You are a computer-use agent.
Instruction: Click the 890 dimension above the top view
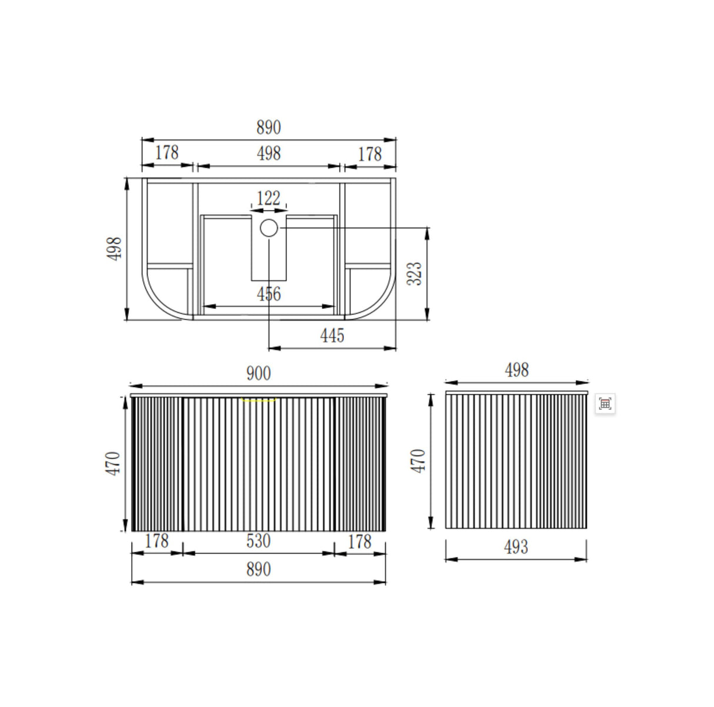pos(268,127)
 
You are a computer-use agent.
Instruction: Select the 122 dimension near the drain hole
pos(268,198)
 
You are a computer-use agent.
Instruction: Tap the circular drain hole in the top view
pos(269,228)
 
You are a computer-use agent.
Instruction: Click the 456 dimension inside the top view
pos(268,294)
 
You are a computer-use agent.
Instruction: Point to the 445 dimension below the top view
pos(332,336)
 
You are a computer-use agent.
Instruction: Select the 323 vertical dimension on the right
pos(415,274)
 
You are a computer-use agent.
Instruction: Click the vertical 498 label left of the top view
pos(115,249)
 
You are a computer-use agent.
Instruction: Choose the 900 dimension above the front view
pos(258,373)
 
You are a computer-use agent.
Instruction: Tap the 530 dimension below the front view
pos(258,541)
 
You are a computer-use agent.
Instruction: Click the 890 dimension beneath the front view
pos(258,569)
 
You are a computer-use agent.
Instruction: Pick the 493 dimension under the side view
pos(516,548)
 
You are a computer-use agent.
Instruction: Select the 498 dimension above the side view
pos(516,370)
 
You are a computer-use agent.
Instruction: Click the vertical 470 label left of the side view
pos(418,461)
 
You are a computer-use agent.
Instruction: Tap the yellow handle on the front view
pos(259,400)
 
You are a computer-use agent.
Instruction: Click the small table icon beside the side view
pos(605,403)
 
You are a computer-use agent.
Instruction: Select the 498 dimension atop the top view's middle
pos(268,154)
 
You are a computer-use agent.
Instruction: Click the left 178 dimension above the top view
pos(166,153)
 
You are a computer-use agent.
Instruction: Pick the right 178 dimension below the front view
pos(359,541)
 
